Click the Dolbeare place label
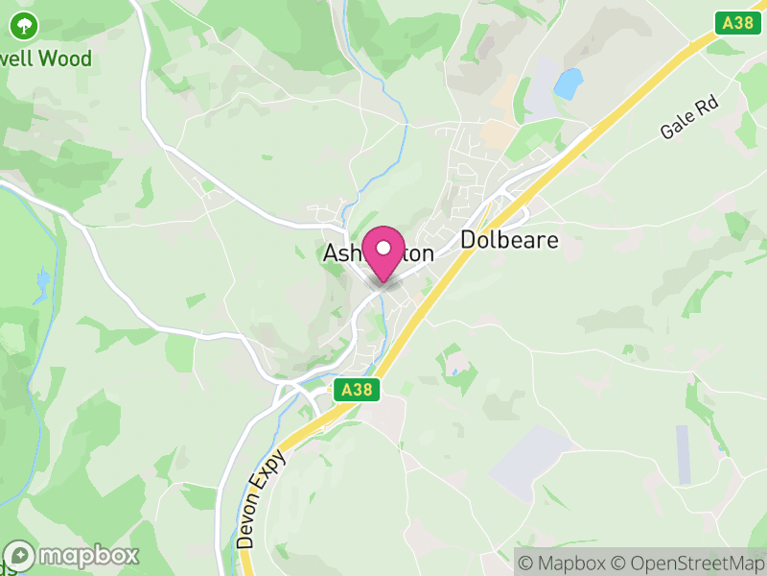[509, 240]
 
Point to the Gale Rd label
[689, 118]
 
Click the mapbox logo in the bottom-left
[72, 555]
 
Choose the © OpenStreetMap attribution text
[686, 563]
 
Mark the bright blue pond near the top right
[568, 84]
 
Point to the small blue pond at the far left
[42, 281]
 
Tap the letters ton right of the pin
[419, 254]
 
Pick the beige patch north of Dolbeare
[498, 133]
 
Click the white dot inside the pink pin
[383, 248]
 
